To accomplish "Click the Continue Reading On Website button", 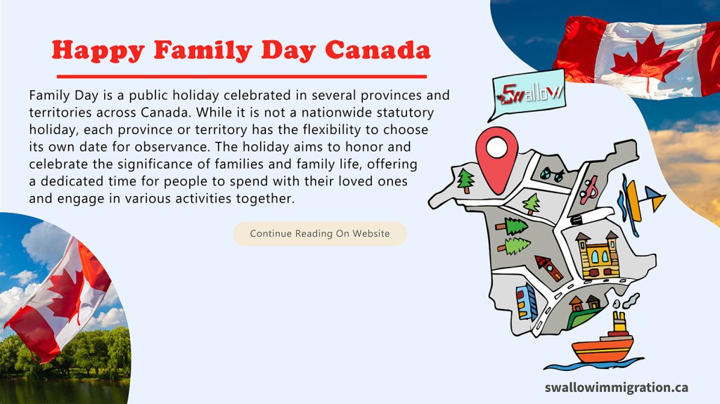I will click(x=320, y=233).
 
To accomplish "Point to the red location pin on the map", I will click(x=496, y=155).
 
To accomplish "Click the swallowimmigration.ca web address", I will click(x=616, y=387).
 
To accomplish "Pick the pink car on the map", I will click(x=591, y=187).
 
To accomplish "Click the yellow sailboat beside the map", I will click(x=641, y=199).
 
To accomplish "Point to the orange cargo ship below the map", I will click(x=603, y=344).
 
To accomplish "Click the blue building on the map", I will click(x=526, y=301).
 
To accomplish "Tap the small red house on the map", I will click(x=548, y=268).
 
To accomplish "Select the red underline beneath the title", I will click(x=241, y=76).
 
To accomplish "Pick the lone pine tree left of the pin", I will click(x=465, y=181).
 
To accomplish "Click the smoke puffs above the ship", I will click(x=624, y=302).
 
